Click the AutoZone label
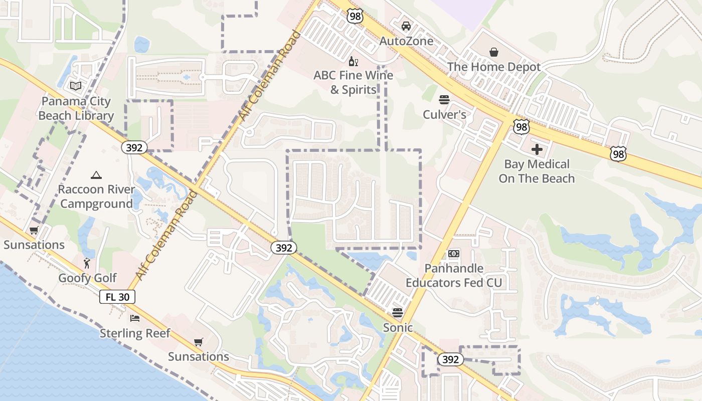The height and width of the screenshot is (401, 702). click(406, 41)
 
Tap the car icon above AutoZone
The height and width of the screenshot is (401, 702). click(406, 26)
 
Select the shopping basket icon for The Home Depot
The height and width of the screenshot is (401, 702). click(494, 52)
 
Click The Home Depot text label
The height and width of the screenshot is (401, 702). click(494, 67)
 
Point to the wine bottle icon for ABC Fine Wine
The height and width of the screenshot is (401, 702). click(354, 61)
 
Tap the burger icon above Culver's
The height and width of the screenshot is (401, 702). click(444, 100)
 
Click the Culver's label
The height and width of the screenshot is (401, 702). click(444, 115)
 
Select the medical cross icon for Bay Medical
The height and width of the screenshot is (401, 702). click(537, 149)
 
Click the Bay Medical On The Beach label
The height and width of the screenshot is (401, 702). click(537, 171)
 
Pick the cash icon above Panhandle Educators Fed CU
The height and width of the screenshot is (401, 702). click(454, 254)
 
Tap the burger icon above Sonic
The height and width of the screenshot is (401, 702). click(398, 313)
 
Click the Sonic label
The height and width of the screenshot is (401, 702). click(398, 328)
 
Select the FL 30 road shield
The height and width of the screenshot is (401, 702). click(117, 297)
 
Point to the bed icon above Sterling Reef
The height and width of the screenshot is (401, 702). click(135, 318)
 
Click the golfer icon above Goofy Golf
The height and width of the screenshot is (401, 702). click(88, 263)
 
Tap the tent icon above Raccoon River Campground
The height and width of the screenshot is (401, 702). click(96, 175)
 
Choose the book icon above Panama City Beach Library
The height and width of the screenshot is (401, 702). click(76, 86)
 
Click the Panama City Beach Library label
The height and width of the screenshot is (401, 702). click(76, 109)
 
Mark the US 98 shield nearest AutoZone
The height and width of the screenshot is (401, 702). click(355, 17)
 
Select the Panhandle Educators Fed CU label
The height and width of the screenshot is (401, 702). click(454, 276)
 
